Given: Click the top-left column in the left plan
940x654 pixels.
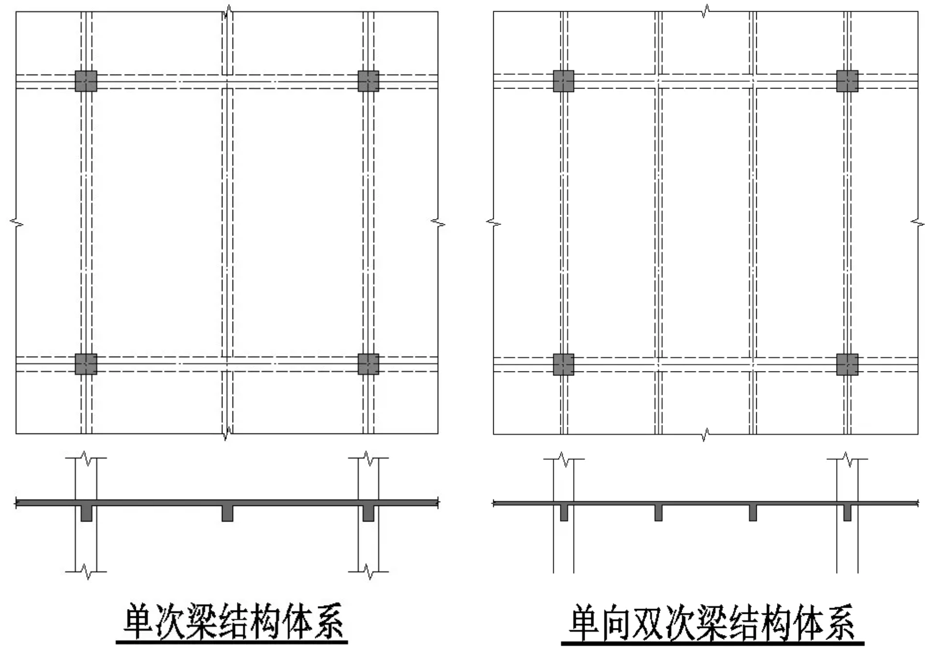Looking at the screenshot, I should coord(86,81).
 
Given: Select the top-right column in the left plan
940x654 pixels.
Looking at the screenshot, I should coord(368,81).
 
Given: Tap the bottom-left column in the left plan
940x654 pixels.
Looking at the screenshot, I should coord(86,364).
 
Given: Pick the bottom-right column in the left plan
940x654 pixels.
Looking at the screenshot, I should coord(368,364).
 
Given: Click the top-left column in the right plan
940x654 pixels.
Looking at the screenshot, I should coord(564,81).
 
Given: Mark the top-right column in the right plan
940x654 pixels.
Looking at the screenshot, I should coord(847,81).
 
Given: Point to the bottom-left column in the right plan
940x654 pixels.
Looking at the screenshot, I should coord(564,365).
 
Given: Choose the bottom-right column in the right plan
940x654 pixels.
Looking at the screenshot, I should coord(847,365).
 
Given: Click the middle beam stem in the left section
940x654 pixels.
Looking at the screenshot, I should coord(227,513).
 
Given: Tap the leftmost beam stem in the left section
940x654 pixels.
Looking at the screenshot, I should coord(87,513).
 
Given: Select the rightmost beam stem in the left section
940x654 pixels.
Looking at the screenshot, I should coord(368,513).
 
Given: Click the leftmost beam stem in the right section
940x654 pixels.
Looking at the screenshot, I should coord(564,513).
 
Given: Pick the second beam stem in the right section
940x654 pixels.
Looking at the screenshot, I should coord(658,513).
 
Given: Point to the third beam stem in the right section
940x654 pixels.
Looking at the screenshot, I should coord(752,513).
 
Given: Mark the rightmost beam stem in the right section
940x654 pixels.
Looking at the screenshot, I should coord(847,513).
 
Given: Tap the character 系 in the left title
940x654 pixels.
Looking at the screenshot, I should coord(329,622).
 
